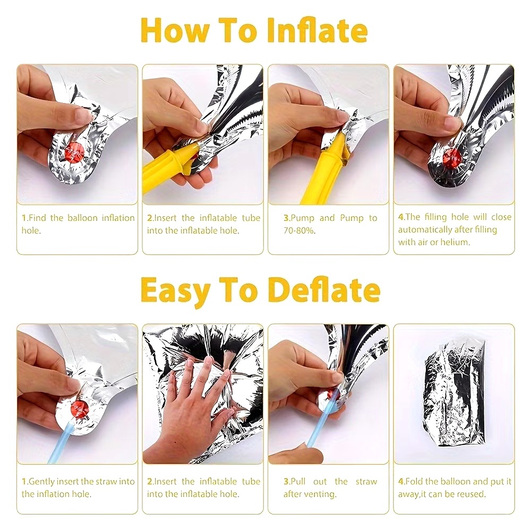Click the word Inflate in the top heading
[x=317, y=30]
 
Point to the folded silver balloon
[x=454, y=393]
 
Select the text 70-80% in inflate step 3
[x=299, y=230]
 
